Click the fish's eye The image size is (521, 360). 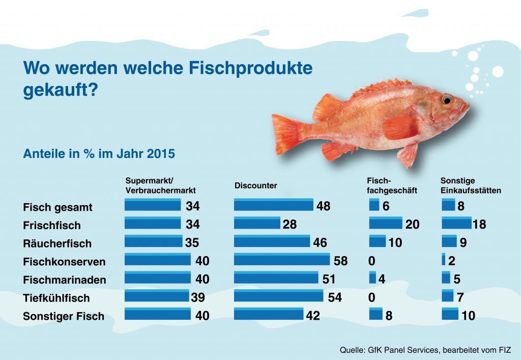[446, 99]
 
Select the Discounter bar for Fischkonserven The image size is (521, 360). [281, 260]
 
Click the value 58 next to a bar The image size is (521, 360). [340, 261]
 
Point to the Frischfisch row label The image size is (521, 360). [52, 225]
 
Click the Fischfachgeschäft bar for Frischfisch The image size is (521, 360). [385, 224]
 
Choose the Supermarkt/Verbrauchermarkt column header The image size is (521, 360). [160, 185]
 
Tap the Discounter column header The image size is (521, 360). [255, 186]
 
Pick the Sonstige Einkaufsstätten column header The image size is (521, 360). [471, 185]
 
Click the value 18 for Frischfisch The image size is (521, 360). [479, 225]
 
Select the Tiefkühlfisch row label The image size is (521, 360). [56, 298]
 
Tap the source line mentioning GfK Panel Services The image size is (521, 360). [425, 350]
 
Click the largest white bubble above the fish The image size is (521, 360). [498, 72]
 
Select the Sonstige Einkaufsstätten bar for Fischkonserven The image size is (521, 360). [444, 260]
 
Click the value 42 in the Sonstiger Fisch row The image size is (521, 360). [313, 316]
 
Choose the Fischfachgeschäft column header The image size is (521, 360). [392, 185]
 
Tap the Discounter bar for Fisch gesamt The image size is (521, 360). [274, 205]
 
